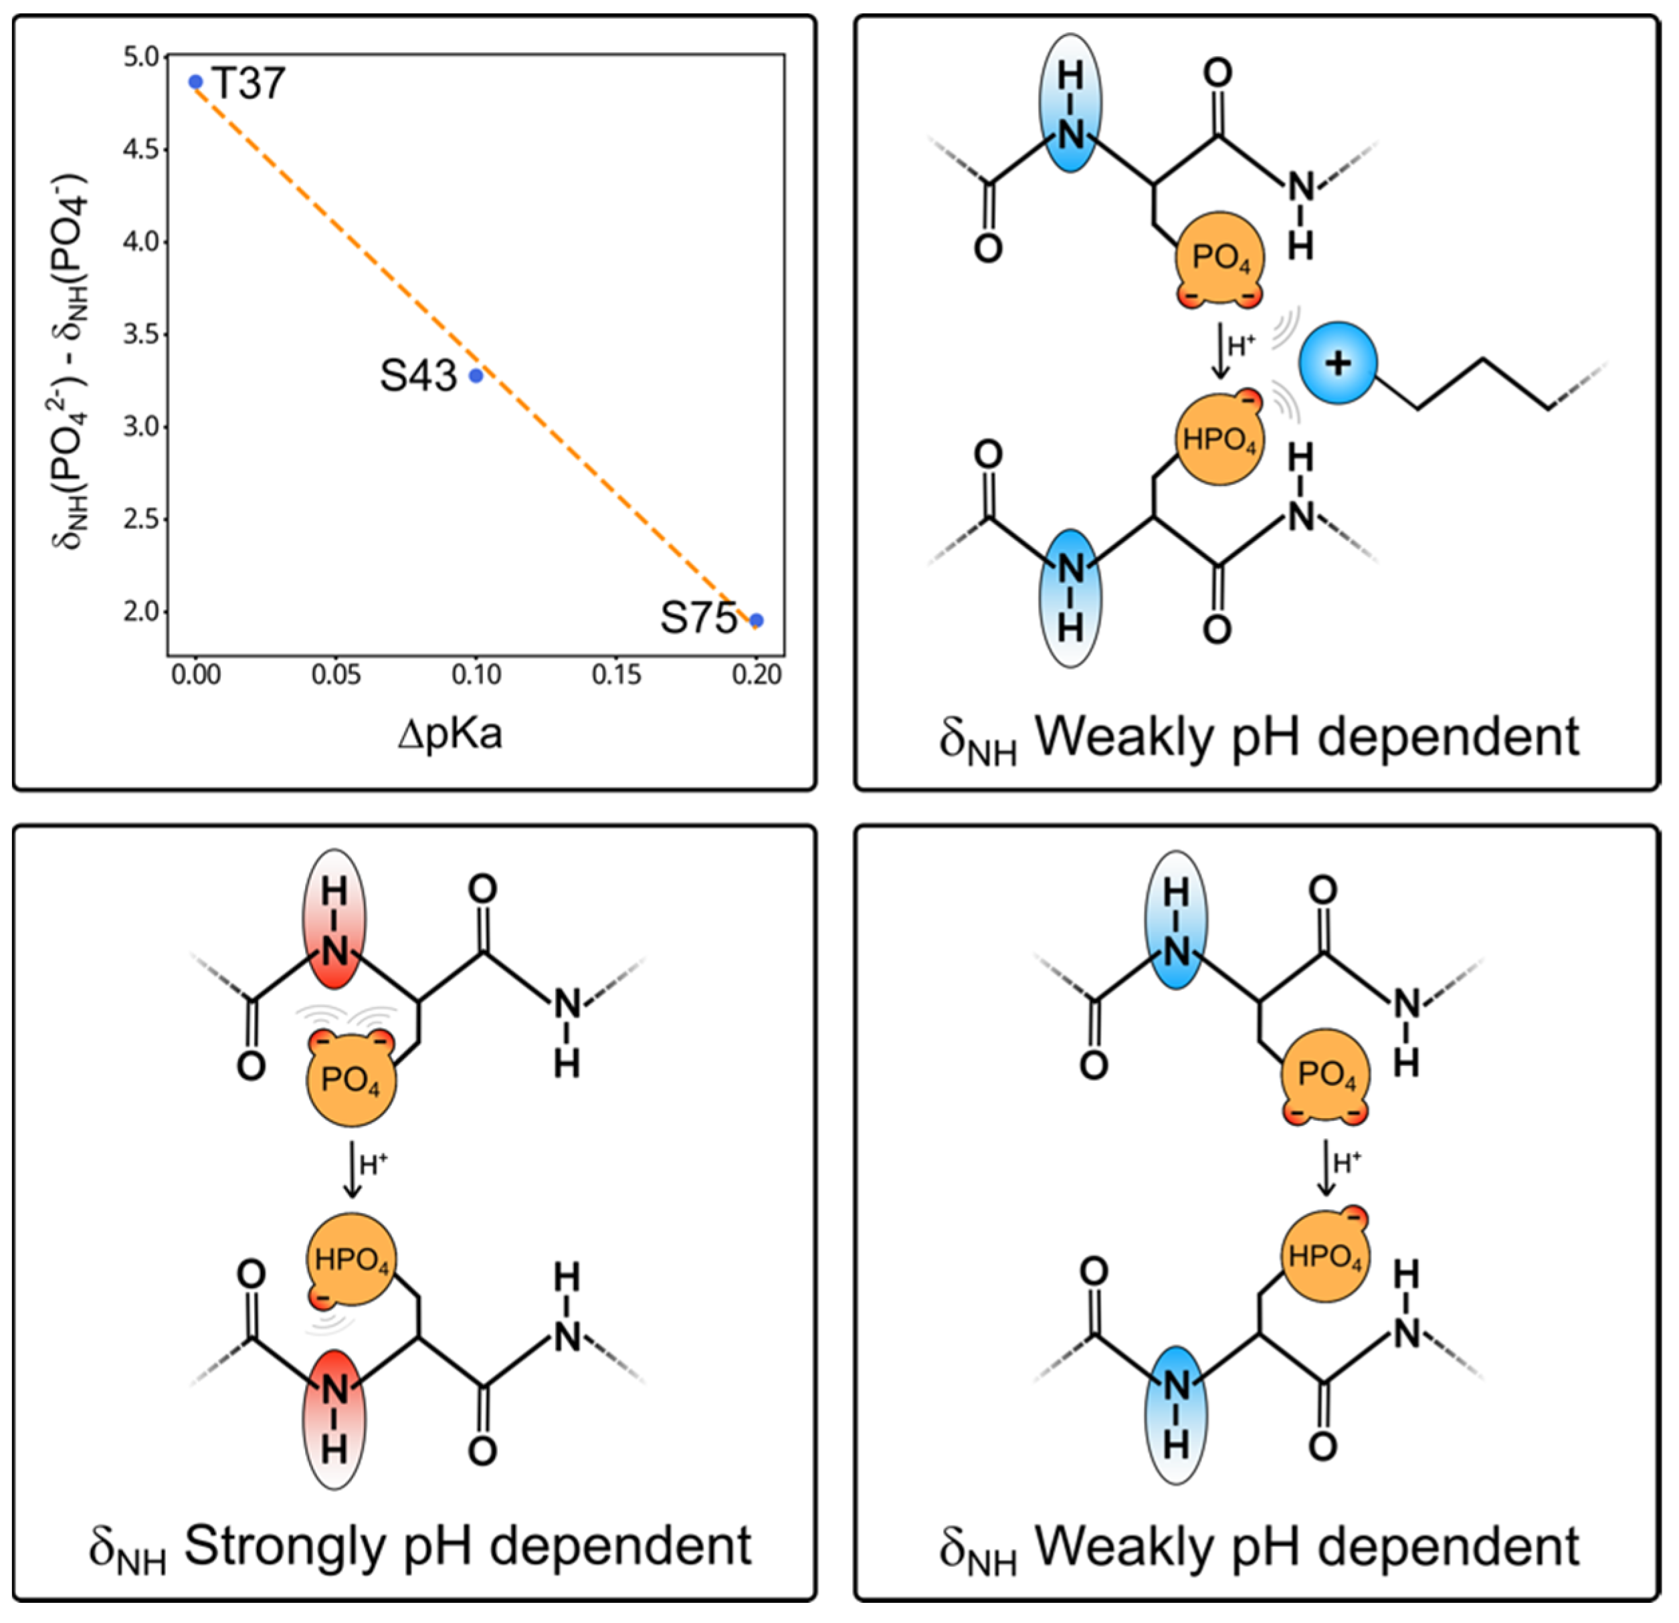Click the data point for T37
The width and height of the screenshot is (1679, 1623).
point(196,82)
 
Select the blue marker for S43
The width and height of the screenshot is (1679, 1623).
point(476,375)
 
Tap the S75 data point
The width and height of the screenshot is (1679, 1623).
point(757,620)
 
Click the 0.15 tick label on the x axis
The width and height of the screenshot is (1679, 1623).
point(616,675)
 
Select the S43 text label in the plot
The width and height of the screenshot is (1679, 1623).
point(418,375)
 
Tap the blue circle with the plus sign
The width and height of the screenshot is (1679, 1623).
point(1338,363)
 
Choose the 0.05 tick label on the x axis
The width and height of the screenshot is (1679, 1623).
point(336,675)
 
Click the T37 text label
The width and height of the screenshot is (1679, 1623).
point(248,83)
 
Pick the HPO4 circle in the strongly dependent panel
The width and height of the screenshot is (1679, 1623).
point(351,1259)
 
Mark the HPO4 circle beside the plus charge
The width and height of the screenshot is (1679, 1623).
point(1219,439)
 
